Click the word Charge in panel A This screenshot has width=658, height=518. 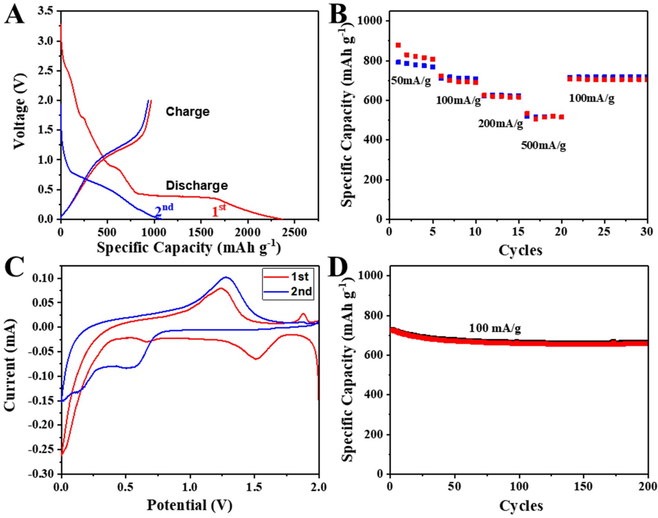pyautogui.click(x=187, y=112)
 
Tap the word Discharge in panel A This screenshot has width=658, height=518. pyautogui.click(x=197, y=185)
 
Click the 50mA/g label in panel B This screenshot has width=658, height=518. pyautogui.click(x=411, y=81)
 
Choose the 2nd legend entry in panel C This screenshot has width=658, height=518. pyautogui.click(x=288, y=292)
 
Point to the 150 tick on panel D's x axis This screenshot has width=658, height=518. pyautogui.click(x=583, y=488)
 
